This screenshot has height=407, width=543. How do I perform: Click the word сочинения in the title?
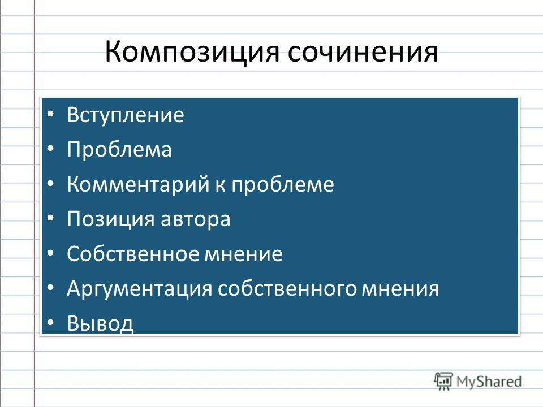[363, 52]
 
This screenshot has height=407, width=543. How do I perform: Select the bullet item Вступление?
[126, 115]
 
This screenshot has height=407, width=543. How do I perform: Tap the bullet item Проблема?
[119, 149]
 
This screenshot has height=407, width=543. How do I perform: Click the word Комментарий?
[138, 184]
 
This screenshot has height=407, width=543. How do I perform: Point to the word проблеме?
[283, 184]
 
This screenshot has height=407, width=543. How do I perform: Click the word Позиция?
[110, 220]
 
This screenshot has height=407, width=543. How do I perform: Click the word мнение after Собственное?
[243, 254]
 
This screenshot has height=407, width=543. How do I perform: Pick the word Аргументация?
[139, 289]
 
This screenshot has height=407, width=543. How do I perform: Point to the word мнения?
[400, 289]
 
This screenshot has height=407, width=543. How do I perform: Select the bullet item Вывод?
[100, 323]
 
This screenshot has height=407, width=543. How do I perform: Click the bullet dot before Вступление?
[50, 114]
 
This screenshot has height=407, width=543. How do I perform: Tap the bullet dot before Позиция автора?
[50, 218]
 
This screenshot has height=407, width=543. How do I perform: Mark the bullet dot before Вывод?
[50, 323]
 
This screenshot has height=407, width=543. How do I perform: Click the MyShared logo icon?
[443, 381]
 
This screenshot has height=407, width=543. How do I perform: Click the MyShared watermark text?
[489, 382]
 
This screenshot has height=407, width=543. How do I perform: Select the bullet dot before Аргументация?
[50, 288]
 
